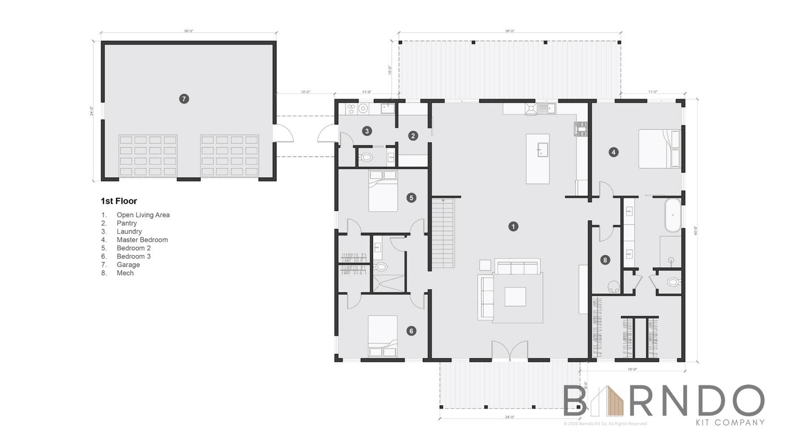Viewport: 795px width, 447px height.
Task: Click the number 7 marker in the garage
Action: (184, 99)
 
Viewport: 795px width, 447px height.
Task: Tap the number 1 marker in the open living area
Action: (513, 227)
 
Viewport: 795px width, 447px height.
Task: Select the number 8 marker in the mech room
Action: (605, 260)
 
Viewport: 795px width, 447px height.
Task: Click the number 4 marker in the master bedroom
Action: (613, 152)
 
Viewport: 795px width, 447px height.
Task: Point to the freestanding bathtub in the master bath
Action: (672, 215)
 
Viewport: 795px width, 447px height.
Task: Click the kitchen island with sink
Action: (538, 158)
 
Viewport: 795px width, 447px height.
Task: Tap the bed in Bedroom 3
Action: (382, 336)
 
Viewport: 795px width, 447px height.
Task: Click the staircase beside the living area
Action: (443, 233)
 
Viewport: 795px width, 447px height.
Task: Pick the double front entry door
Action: (510, 351)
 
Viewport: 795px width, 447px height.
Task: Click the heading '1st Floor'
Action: (119, 201)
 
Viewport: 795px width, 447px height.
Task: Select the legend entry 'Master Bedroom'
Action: (142, 240)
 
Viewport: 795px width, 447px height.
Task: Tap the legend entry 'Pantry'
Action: (127, 223)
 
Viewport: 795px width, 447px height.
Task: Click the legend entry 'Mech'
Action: (125, 273)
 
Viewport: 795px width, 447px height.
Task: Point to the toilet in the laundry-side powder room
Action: (365, 157)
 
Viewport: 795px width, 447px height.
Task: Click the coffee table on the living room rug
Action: (515, 297)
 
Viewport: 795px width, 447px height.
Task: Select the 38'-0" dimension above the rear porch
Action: (509, 31)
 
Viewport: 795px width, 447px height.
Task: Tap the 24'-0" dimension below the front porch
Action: (509, 417)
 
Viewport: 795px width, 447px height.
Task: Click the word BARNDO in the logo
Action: (664, 401)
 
